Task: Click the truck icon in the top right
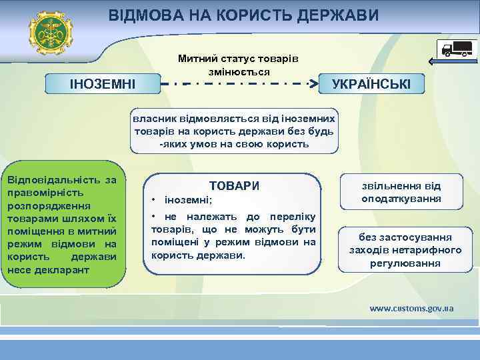(456, 49)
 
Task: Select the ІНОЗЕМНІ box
(103, 85)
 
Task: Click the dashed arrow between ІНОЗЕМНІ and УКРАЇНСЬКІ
(240, 85)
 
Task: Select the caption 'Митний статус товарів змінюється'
(238, 65)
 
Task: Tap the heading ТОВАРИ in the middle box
(234, 186)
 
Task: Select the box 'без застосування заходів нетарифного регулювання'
(405, 250)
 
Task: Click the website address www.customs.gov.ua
(411, 308)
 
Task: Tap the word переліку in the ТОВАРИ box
(293, 217)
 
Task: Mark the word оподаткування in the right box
(401, 199)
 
